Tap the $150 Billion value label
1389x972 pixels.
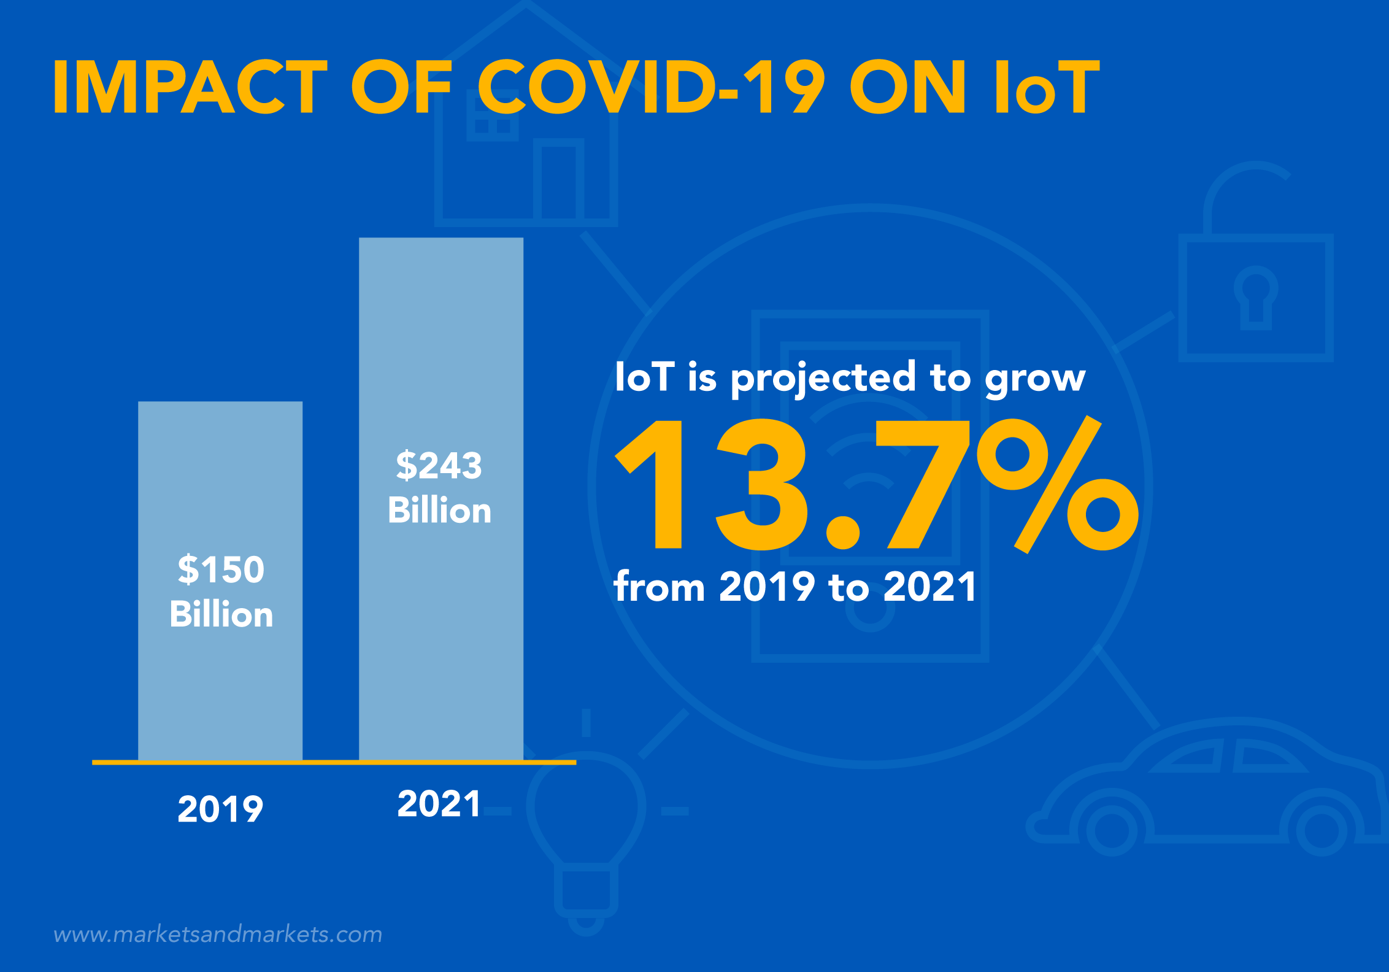[x=221, y=591]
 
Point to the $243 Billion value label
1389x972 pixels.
[x=439, y=487]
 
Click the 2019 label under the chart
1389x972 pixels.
[x=220, y=809]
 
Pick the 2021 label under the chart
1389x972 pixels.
[x=439, y=803]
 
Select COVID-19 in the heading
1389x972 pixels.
[x=650, y=87]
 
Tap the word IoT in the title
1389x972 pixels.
[x=1047, y=87]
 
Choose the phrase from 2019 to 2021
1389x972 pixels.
[x=795, y=587]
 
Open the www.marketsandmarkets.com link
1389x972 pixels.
[x=218, y=935]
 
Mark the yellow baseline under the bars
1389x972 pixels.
[x=334, y=762]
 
